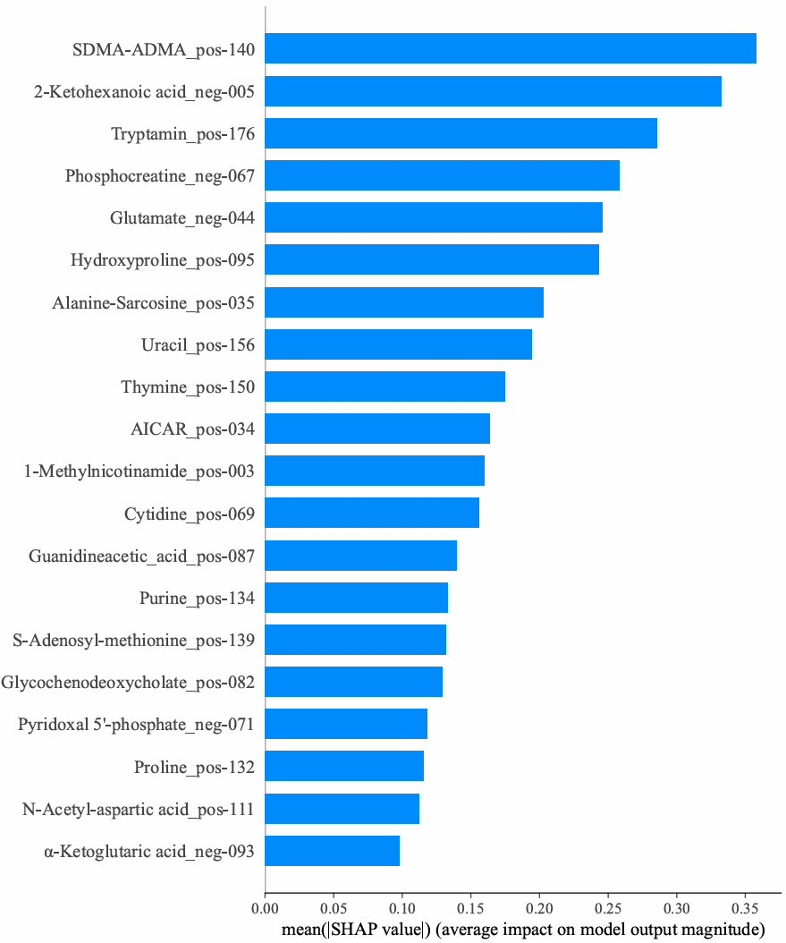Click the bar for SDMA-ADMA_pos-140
pyautogui.click(x=511, y=48)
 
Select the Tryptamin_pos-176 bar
pyautogui.click(x=461, y=133)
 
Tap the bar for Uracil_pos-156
pyautogui.click(x=399, y=344)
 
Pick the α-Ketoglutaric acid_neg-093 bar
pyautogui.click(x=333, y=851)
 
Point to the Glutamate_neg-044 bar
pyautogui.click(x=434, y=217)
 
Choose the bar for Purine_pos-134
pyautogui.click(x=357, y=598)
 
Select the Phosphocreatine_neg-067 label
pyautogui.click(x=160, y=175)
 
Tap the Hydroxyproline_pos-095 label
pyautogui.click(x=163, y=260)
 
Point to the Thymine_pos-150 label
pyautogui.click(x=188, y=387)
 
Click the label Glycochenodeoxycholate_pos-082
pyautogui.click(x=128, y=683)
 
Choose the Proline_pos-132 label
pyautogui.click(x=194, y=767)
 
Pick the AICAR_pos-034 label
pyautogui.click(x=193, y=429)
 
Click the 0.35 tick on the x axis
pyautogui.click(x=745, y=910)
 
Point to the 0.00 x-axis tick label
pyautogui.click(x=266, y=910)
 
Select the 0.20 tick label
pyautogui.click(x=539, y=910)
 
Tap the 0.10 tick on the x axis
pyautogui.click(x=402, y=910)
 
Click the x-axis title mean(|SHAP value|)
pyautogui.click(x=523, y=930)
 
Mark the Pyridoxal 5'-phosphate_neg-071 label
pyautogui.click(x=136, y=725)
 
